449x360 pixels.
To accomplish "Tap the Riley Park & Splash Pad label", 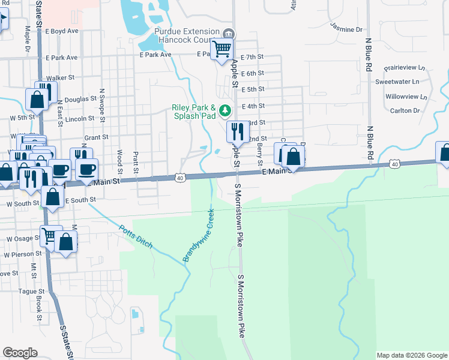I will pos(194,112).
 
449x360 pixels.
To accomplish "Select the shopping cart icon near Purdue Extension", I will pos(221,49).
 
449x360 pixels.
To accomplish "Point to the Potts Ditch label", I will pos(135,238).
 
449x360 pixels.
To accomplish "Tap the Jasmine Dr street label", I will pos(346,28).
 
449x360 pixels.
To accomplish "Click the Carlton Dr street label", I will pos(405,110).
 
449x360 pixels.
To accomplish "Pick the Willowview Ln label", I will pos(406,96).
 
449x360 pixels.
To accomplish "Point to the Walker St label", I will pos(60,77).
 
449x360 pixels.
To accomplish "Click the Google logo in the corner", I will pos(20,353).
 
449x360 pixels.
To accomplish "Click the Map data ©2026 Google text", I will pos(411,355).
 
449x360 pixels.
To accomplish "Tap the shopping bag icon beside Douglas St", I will pos(37,99).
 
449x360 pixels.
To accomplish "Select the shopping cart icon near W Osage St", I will pos(50,236).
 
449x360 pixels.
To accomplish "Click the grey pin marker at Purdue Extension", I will pos(228,34).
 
